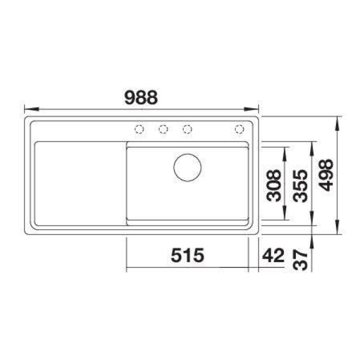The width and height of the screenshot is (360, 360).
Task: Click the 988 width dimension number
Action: pos(141,97)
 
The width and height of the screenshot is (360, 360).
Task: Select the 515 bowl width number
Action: pos(187,255)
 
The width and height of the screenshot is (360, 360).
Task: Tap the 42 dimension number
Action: pos(273,255)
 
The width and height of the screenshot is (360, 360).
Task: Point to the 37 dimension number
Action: pos(300,260)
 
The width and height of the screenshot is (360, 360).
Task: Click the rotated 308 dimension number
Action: pos(274,185)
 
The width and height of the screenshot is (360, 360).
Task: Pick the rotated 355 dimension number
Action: pos(300,185)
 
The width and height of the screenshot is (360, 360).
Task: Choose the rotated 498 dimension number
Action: pos(326,175)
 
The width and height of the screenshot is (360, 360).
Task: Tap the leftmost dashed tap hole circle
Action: pos(139,129)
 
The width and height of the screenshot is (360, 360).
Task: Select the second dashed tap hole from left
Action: pos(163,129)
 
